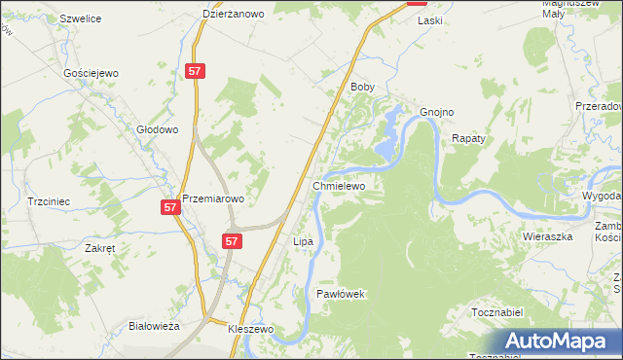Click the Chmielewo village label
338,185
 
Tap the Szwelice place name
81,18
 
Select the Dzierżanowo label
234,14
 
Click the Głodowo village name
157,129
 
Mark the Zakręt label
100,248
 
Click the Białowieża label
155,327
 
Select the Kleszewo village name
251,330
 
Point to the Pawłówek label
340,293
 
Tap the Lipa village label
303,240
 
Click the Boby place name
362,87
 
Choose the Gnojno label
437,112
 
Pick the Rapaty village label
468,139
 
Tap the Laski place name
429,19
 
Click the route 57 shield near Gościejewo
196,71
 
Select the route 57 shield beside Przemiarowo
170,207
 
